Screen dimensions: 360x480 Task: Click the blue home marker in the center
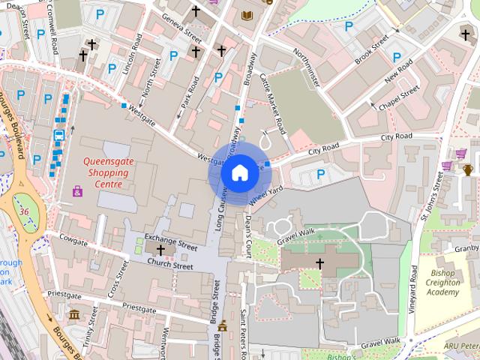238,173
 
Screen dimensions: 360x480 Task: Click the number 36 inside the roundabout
24,212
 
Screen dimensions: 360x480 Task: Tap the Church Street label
169,263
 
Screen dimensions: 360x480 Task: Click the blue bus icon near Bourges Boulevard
58,136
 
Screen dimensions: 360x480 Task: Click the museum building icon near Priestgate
74,313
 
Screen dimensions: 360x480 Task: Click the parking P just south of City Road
321,174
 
